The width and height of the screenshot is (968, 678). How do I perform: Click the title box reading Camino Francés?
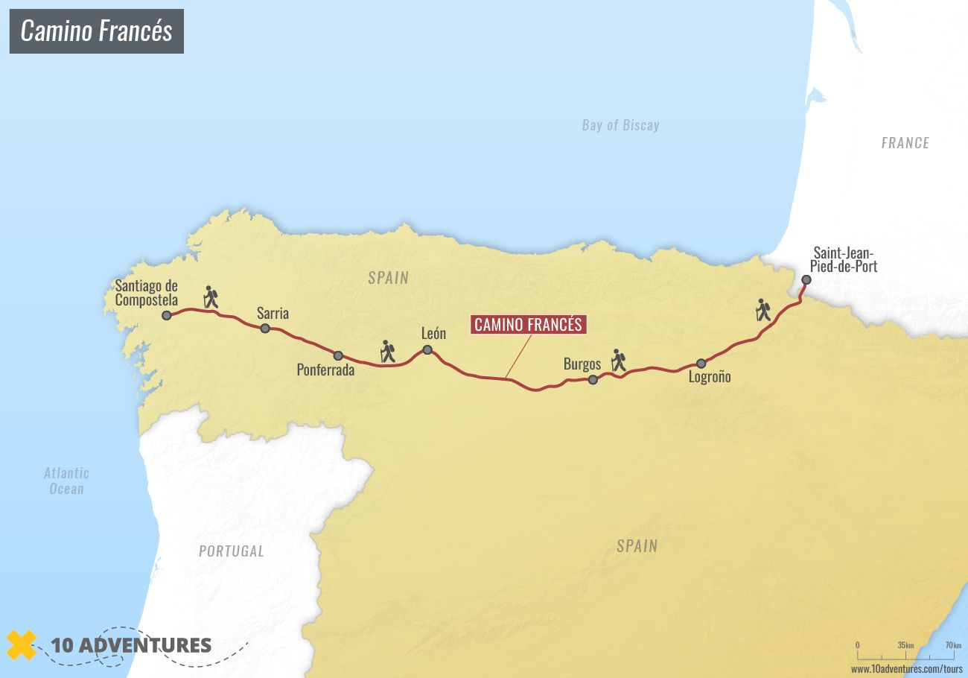(96, 31)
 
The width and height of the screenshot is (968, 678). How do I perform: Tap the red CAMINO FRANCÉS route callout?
(528, 325)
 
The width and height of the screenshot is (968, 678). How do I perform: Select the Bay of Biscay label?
(620, 125)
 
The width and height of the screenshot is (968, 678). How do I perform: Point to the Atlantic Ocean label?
(66, 481)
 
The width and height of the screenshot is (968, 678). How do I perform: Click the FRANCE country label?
(905, 143)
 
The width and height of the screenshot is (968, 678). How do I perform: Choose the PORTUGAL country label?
(231, 551)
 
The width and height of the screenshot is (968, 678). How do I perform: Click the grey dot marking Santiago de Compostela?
(167, 316)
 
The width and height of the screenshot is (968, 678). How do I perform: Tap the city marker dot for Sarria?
(265, 328)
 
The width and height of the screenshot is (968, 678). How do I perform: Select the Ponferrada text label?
(325, 370)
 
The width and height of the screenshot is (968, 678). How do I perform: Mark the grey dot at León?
(427, 350)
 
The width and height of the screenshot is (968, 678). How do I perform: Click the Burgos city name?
(582, 364)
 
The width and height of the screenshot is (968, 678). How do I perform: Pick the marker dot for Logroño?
(701, 364)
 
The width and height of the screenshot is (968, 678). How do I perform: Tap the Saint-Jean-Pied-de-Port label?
(845, 259)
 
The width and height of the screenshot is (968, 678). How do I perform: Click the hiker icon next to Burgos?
(618, 361)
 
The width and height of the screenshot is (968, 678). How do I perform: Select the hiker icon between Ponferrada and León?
(387, 352)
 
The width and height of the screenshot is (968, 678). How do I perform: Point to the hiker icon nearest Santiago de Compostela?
(211, 297)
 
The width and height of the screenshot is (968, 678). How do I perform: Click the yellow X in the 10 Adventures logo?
(22, 645)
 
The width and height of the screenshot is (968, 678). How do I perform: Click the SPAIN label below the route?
(637, 546)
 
